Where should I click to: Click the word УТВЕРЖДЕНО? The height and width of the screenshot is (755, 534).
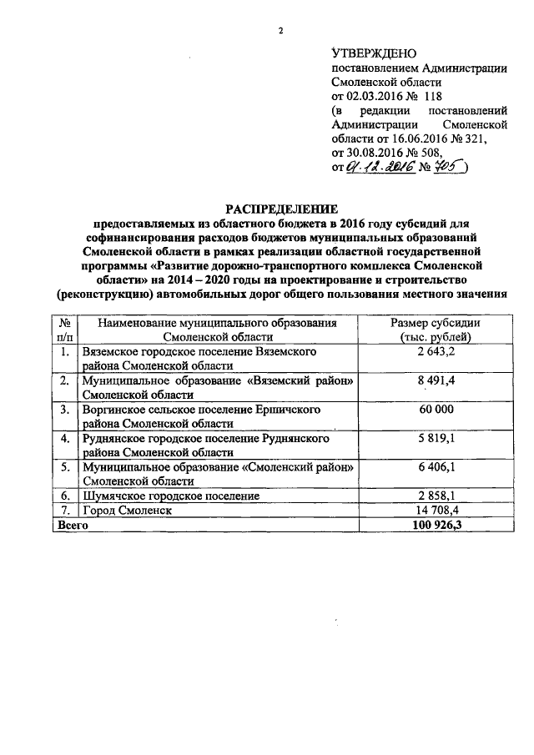click(x=373, y=53)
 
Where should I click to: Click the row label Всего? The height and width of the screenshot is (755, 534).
click(x=72, y=525)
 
